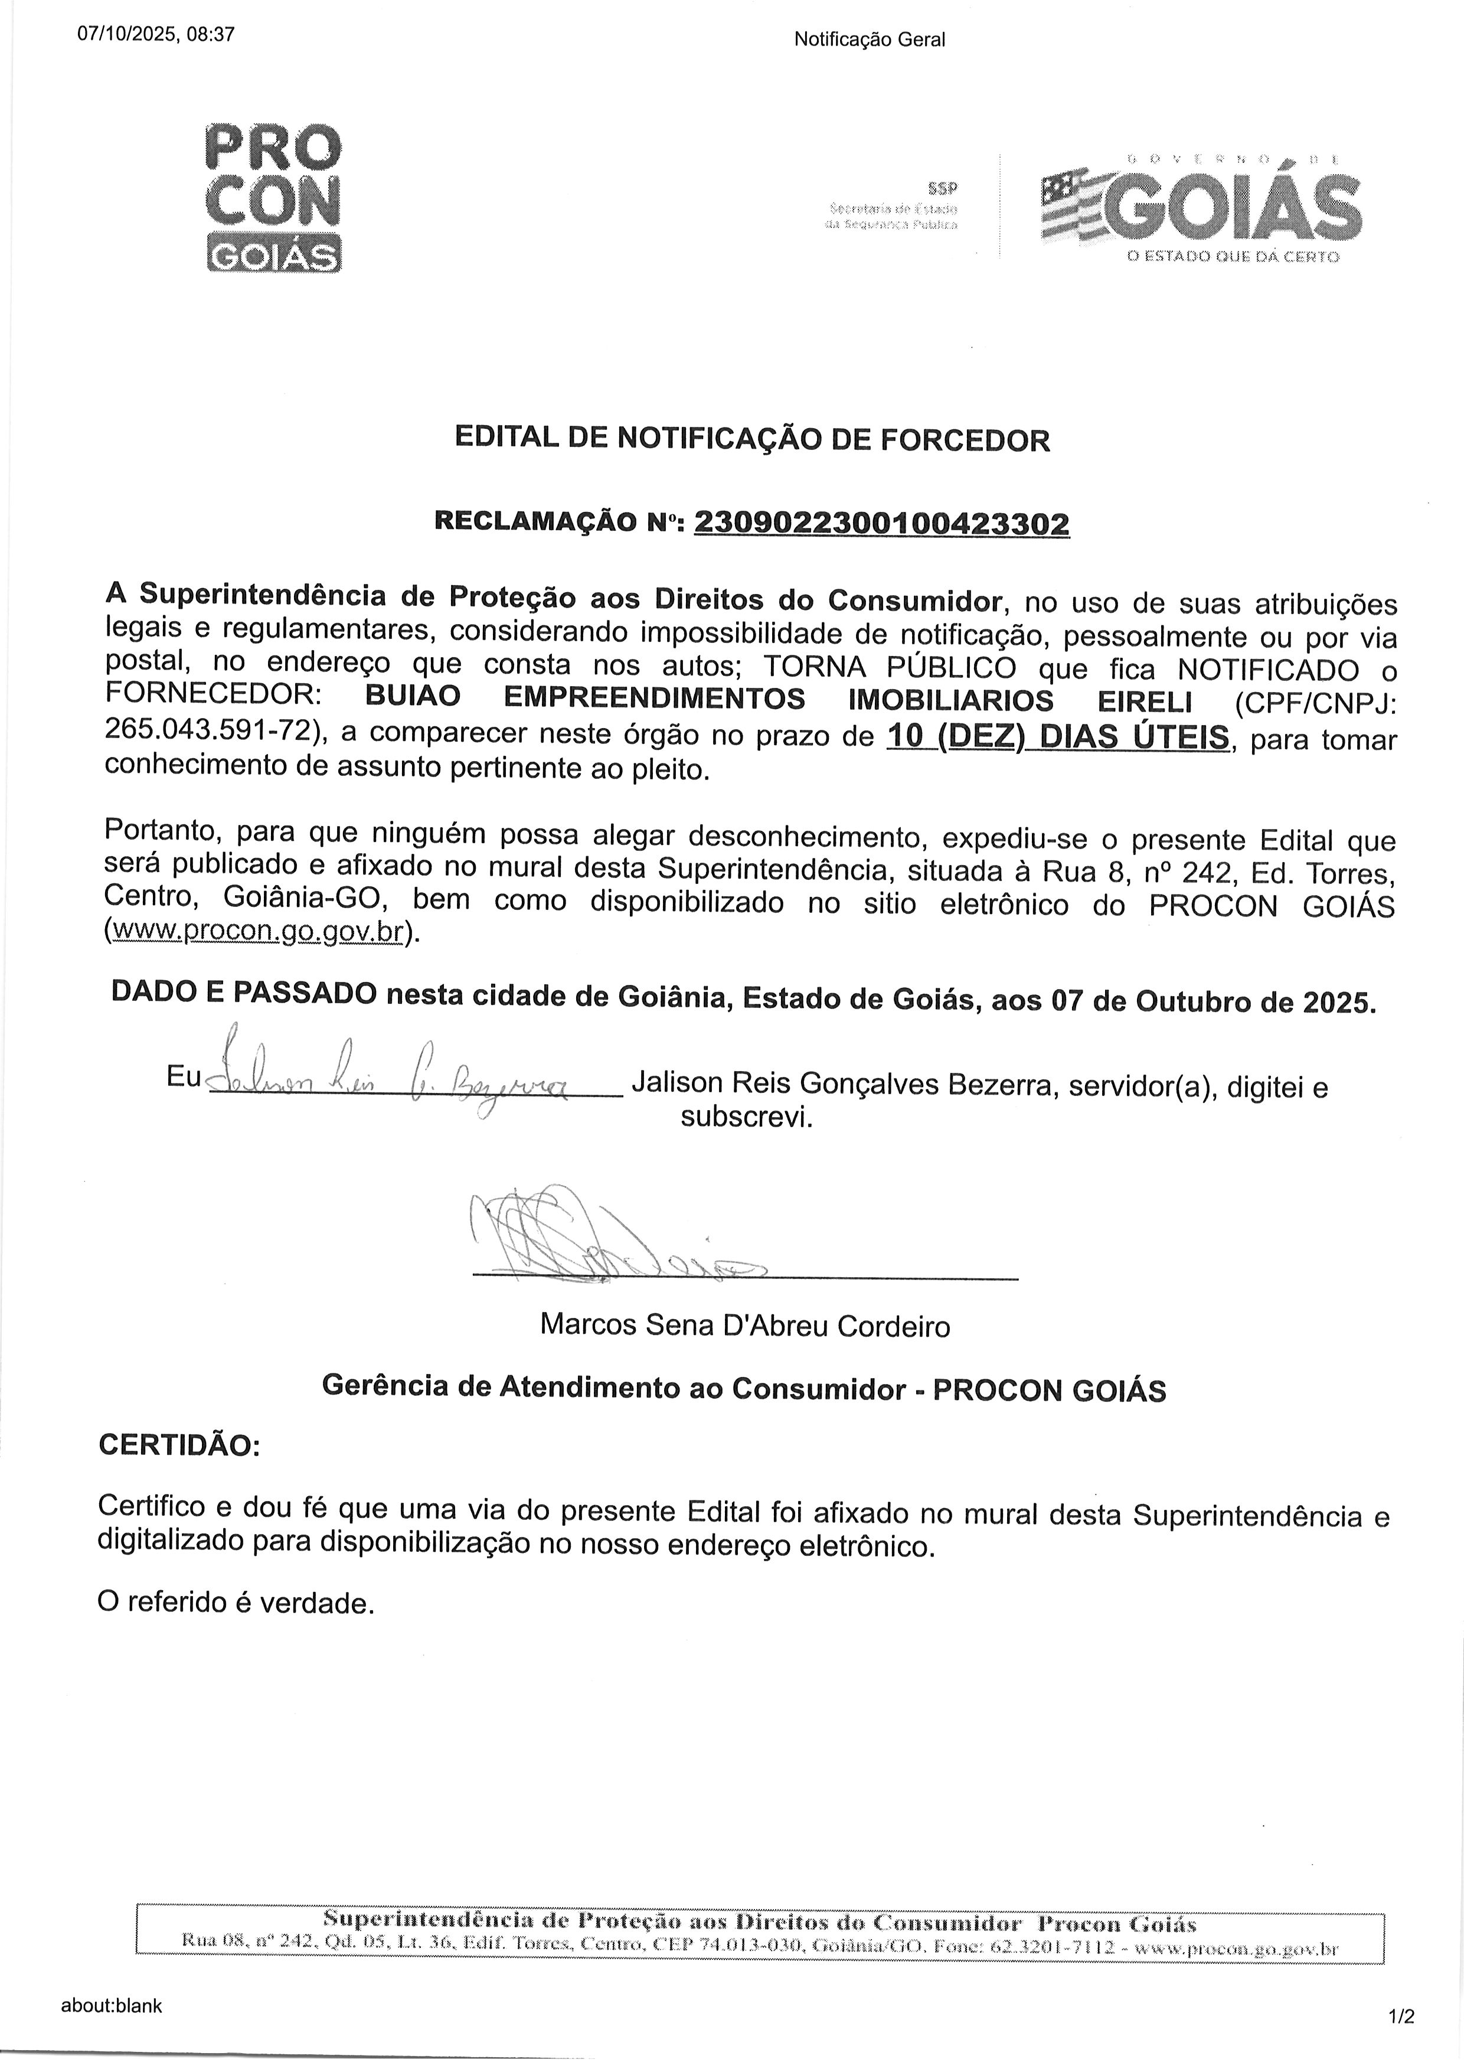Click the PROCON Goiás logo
pyautogui.click(x=273, y=198)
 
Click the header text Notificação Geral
pyautogui.click(x=869, y=40)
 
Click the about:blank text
pyautogui.click(x=112, y=1980)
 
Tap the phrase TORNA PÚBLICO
pyautogui.click(x=889, y=667)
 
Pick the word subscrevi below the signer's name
pyautogui.click(x=746, y=1118)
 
